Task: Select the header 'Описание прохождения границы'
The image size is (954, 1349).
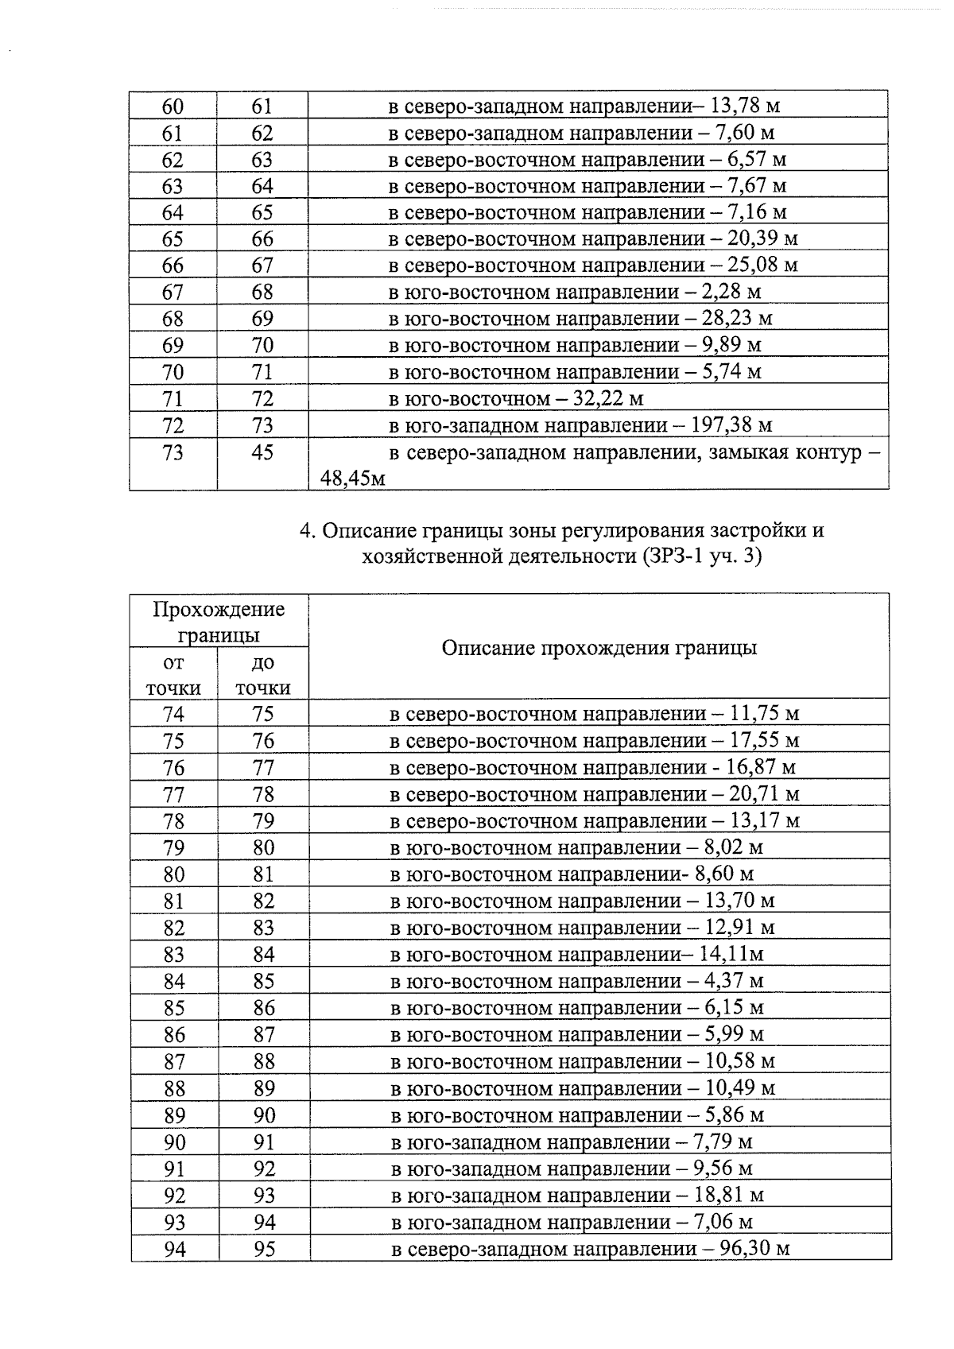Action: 599,648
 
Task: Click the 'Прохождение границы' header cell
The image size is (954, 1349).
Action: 219,622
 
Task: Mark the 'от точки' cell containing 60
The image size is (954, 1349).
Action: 173,106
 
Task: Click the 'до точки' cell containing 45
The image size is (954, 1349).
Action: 262,452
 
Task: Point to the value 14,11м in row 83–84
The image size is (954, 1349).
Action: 731,954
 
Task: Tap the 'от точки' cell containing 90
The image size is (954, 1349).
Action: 174,1142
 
